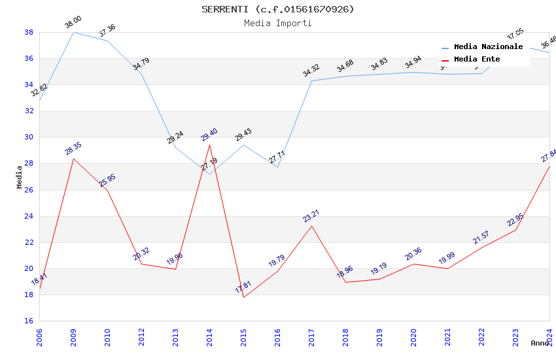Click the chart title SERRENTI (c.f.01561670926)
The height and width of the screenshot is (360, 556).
(278, 9)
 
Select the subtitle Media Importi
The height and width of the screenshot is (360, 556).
(278, 24)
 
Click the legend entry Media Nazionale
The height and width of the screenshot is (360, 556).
(488, 47)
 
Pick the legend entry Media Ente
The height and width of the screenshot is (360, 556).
(477, 60)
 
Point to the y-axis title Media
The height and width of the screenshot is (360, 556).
(20, 177)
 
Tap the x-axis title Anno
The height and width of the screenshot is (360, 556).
(540, 343)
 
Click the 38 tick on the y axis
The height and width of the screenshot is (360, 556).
(29, 32)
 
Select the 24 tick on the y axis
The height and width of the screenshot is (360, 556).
(29, 216)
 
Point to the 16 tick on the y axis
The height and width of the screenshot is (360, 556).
(29, 321)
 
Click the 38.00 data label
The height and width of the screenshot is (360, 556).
(73, 24)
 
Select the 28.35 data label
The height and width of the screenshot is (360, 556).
(73, 149)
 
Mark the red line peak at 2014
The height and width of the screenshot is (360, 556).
(209, 145)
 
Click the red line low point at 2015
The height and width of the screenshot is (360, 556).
(243, 297)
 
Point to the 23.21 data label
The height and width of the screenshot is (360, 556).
(311, 216)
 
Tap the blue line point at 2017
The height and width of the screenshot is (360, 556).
(311, 81)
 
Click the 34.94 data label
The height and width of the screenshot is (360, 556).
(413, 63)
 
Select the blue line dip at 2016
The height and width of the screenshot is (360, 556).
(277, 167)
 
